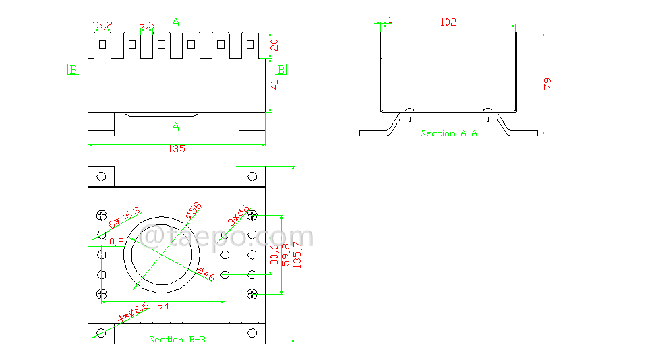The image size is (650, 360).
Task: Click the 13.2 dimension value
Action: [102, 26]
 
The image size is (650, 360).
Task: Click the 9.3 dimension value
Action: [147, 26]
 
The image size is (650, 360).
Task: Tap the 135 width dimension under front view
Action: [176, 149]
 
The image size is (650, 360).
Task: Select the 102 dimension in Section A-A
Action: [448, 22]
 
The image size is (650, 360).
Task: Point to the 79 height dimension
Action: [548, 84]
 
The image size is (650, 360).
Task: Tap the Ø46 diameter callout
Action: [206, 274]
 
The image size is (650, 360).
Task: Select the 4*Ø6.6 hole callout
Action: [134, 313]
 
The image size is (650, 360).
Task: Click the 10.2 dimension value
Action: [114, 241]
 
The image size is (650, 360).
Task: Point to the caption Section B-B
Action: [177, 340]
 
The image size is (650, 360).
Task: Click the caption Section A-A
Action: [449, 133]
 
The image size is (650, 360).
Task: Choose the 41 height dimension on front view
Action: [274, 86]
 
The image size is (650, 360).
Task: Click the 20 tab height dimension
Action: [274, 44]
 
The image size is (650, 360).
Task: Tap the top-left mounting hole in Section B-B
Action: [101, 177]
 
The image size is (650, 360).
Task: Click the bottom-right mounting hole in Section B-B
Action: [252, 333]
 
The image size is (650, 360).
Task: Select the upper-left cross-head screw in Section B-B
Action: [102, 216]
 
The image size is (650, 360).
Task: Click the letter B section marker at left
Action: [73, 69]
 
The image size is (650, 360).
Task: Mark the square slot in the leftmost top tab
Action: [102, 45]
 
